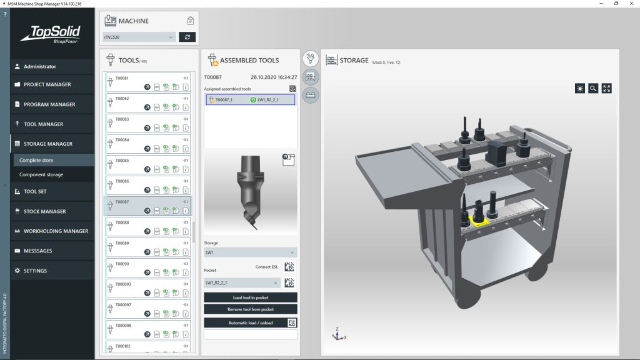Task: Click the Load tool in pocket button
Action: (x=250, y=297)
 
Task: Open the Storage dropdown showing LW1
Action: (x=250, y=252)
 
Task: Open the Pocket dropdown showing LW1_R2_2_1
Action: (x=242, y=282)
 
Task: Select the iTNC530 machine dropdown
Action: (x=139, y=37)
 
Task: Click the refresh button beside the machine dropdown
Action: (x=187, y=37)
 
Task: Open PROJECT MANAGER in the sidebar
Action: (x=47, y=84)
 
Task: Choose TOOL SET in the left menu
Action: (x=35, y=191)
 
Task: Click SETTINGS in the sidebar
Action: (x=35, y=271)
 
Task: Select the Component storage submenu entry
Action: (x=41, y=174)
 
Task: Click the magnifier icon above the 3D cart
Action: (x=593, y=88)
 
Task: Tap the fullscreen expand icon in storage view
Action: (x=606, y=88)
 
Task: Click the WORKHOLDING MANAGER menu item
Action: (x=56, y=231)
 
